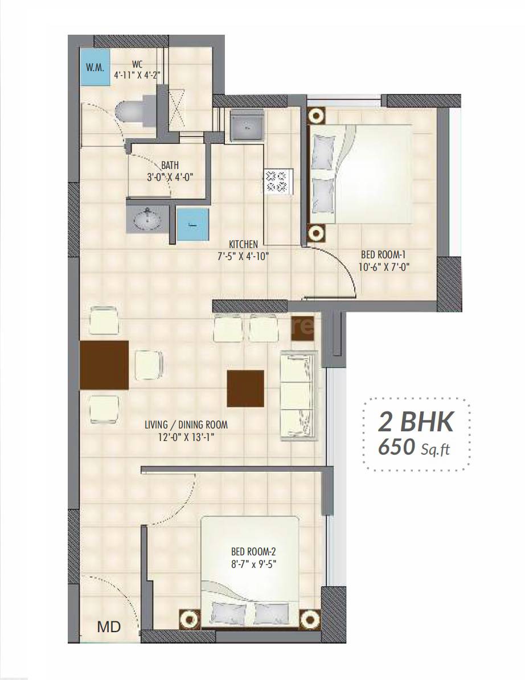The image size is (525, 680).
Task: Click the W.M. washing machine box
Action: (x=95, y=68)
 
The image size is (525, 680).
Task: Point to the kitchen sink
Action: (x=247, y=126)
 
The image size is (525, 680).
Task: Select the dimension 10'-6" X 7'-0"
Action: (x=385, y=266)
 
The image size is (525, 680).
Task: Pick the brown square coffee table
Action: (x=245, y=389)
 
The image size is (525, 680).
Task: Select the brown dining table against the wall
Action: (x=104, y=365)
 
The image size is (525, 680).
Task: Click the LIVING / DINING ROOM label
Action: (x=186, y=425)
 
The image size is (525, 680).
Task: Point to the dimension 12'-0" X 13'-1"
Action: (x=186, y=438)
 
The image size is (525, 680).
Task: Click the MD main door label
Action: (x=109, y=628)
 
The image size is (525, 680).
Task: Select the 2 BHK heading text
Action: (x=416, y=422)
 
